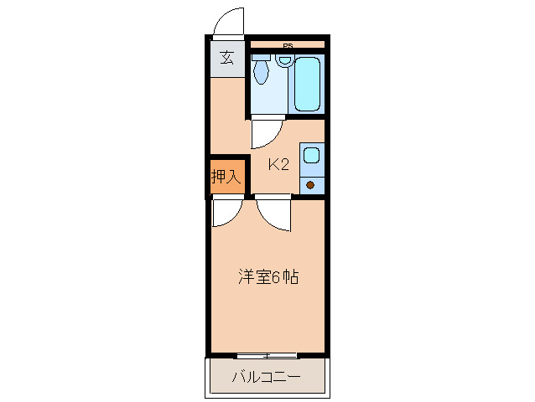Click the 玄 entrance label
226,58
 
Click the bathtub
308,83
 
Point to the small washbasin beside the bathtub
285,60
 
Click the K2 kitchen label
278,165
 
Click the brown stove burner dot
310,185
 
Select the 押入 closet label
226,177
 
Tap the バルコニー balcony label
266,378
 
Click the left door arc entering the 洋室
226,214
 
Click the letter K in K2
273,165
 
